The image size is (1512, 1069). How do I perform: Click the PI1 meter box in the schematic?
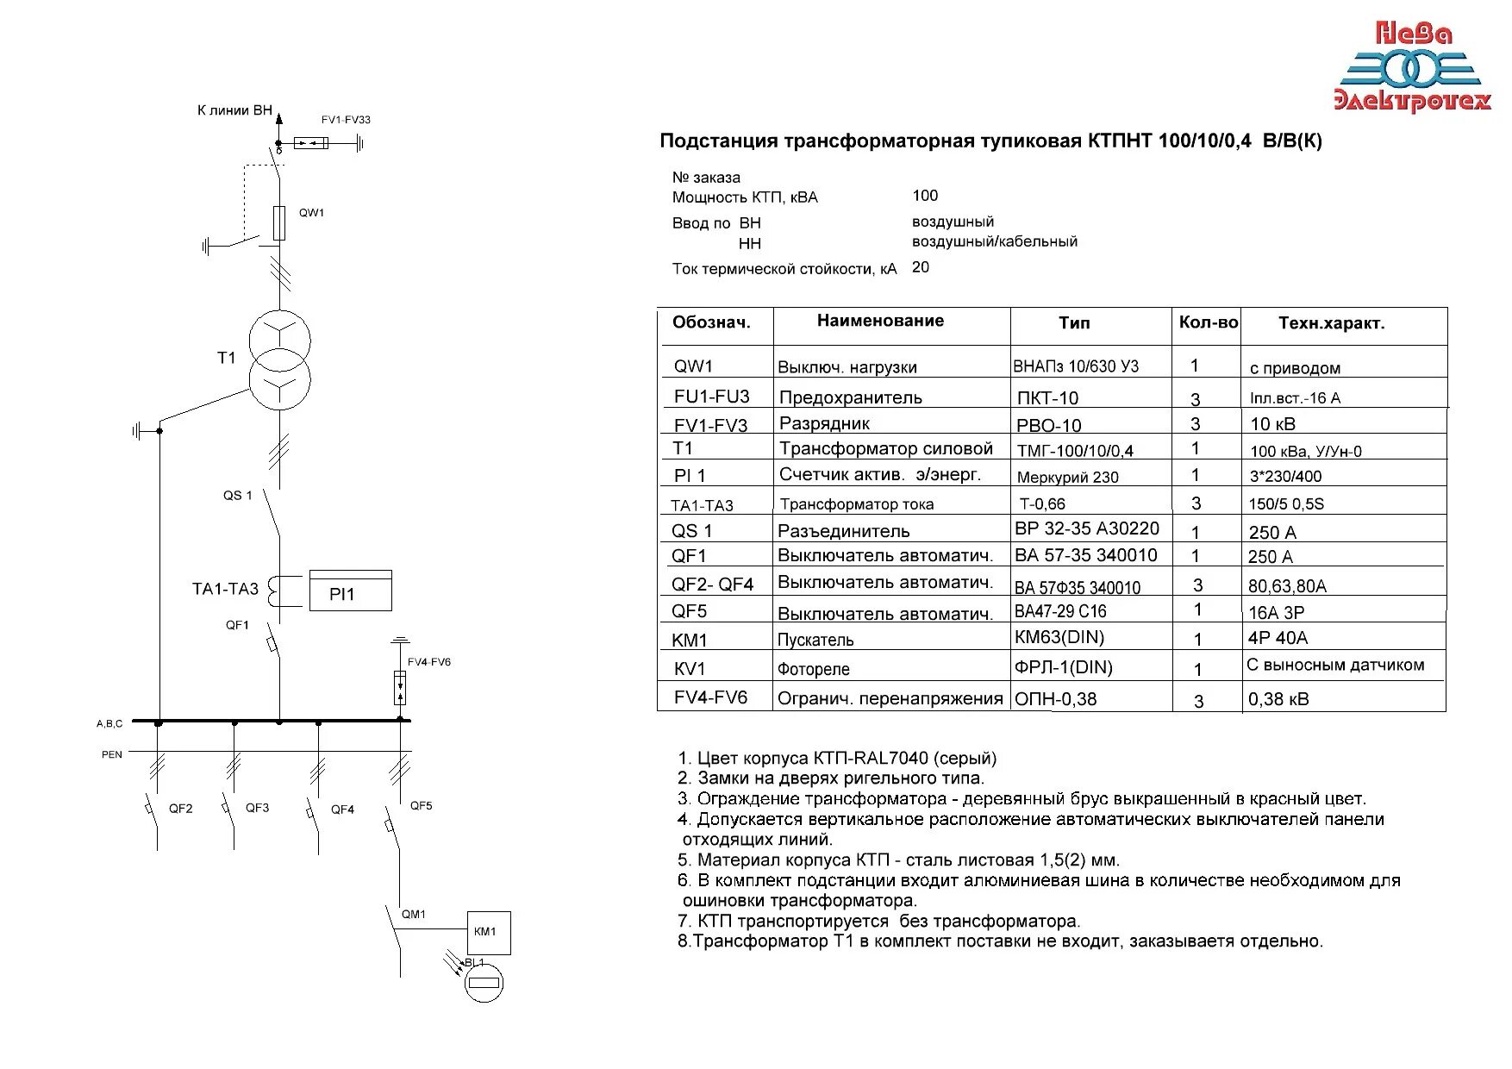coord(350,592)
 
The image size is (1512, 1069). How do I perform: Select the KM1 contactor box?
coord(488,932)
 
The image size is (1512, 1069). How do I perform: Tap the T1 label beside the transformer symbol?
coord(226,358)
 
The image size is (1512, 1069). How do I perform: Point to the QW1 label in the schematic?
coord(312,213)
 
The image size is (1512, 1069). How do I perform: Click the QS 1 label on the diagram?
coord(238,496)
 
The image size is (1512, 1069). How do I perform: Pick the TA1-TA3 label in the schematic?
coord(225,589)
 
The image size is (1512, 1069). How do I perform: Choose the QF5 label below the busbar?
coord(421,806)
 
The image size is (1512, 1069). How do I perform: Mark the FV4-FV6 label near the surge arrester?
coord(429,662)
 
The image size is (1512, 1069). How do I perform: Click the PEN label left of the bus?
coord(112,754)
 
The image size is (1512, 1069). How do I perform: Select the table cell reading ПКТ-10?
coord(1047,398)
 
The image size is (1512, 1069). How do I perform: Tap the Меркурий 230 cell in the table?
coord(1067,477)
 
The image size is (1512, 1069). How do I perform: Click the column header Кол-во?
coord(1208,322)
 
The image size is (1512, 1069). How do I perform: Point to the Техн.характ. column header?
coord(1331,323)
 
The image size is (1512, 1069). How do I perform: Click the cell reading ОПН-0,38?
coord(1056,699)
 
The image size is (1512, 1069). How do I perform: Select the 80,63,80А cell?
coord(1287,586)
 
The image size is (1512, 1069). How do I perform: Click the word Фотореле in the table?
coord(813,669)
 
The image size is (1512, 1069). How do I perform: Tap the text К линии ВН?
coord(234,110)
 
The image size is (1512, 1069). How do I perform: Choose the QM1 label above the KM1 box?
coord(414,914)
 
